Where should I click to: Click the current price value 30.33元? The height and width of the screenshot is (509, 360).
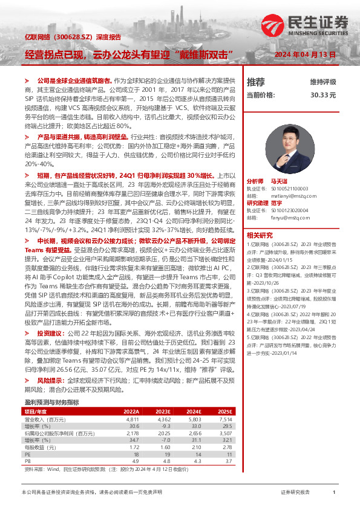click(324, 95)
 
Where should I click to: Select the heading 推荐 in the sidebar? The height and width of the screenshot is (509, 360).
click(256, 82)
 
